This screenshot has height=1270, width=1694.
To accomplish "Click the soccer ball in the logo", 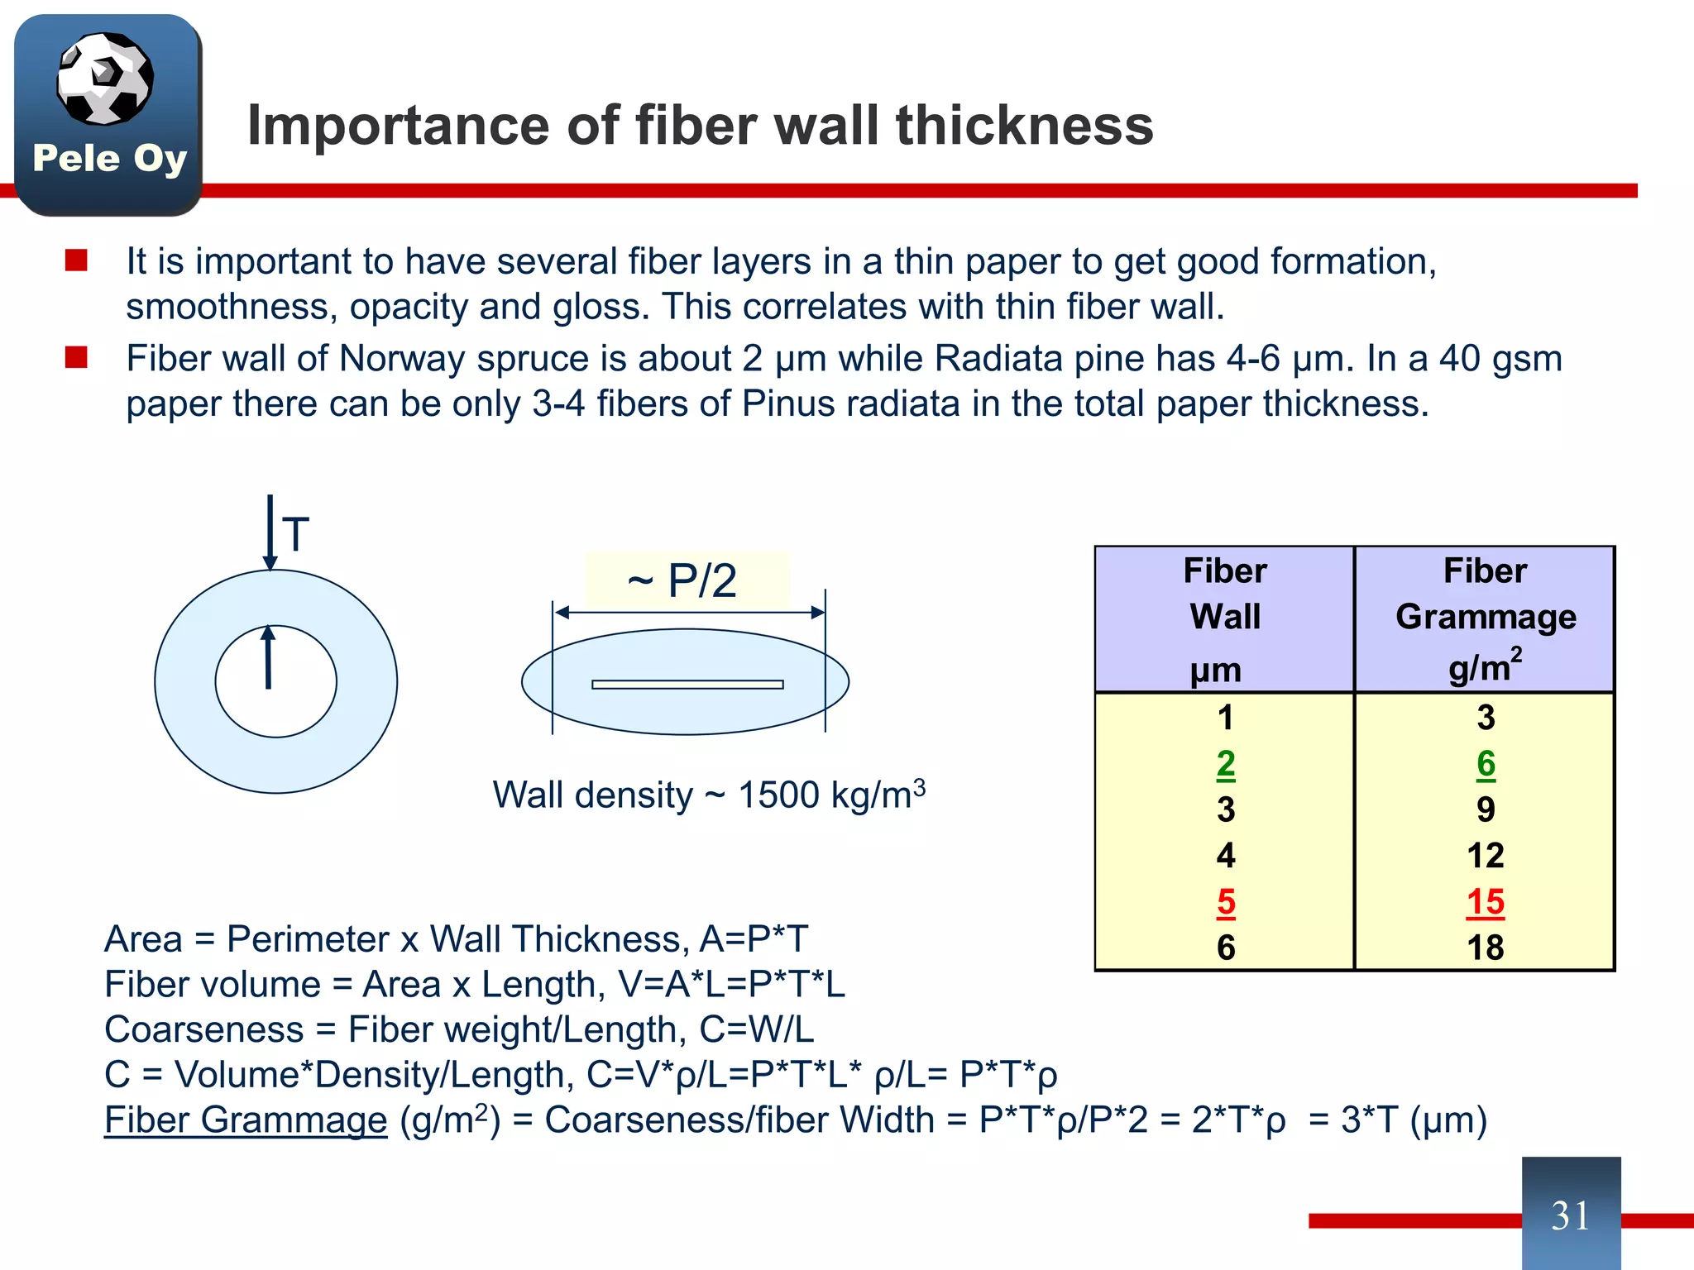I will [105, 79].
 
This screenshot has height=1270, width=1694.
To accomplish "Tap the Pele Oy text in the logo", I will [109, 159].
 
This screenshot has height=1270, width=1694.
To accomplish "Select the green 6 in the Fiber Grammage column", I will [1486, 764].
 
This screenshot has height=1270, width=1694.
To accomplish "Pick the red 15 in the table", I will [1485, 902].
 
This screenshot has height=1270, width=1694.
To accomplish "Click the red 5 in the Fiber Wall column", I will [1226, 902].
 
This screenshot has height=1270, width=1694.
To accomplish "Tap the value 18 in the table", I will [1485, 948].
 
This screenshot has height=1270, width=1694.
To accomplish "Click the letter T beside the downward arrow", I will [295, 534].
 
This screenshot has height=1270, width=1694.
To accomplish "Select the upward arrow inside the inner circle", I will [268, 658].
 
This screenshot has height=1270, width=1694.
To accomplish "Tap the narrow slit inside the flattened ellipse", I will [687, 684].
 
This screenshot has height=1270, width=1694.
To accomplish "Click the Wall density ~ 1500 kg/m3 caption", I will [708, 795].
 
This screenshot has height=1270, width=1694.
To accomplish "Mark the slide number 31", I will [1570, 1215].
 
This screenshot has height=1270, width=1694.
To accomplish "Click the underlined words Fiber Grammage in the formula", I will [246, 1120].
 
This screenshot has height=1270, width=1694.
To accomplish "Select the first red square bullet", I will [76, 260].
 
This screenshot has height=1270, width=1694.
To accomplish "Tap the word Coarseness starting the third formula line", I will [203, 1030].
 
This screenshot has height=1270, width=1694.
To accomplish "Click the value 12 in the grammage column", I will [1485, 856].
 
